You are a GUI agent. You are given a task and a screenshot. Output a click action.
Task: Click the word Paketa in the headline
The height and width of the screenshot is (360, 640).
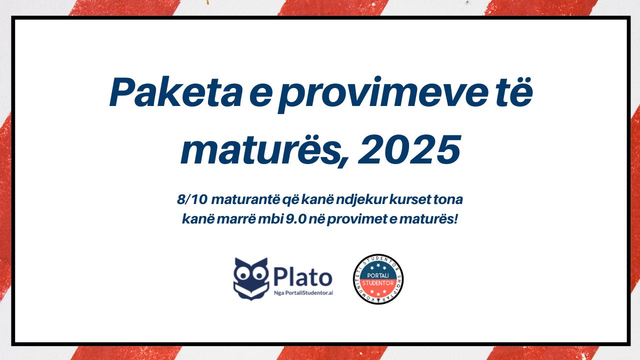pos(175,92)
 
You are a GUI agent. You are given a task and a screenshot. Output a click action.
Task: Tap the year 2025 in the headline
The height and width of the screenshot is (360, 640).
pos(409,150)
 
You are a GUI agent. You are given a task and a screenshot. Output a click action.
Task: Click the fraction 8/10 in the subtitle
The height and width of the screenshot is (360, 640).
pos(192,199)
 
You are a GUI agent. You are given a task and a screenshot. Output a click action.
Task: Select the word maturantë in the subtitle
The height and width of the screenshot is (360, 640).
pos(245,199)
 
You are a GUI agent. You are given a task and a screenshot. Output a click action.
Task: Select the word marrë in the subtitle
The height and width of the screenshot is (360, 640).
pos(235,219)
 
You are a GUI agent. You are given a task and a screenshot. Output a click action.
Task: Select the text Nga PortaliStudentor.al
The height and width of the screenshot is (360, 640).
pos(303,293)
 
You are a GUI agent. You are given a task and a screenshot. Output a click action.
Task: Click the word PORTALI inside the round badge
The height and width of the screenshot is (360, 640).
pos(377,275)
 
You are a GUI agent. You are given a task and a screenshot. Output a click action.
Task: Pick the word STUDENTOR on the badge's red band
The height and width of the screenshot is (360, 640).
pos(378,283)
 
